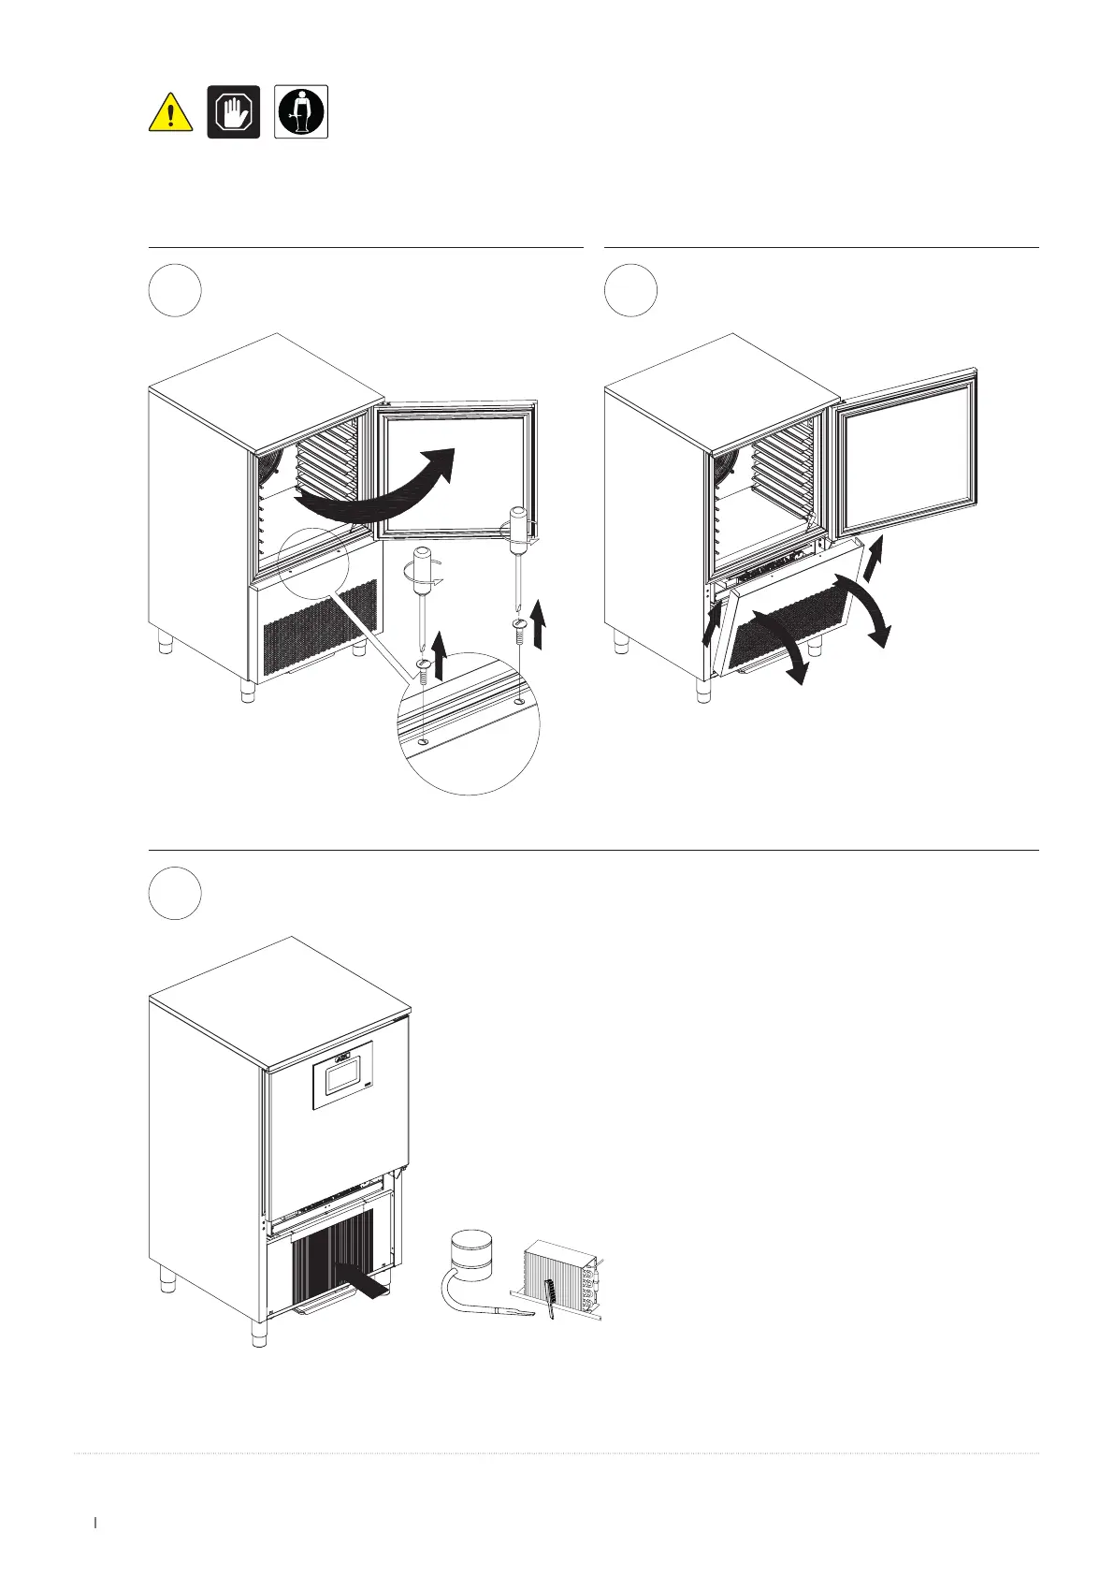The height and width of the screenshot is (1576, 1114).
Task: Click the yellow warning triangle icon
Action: (x=171, y=113)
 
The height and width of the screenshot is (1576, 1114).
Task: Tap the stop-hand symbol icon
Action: (x=233, y=112)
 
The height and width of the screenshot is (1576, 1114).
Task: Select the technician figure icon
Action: (x=300, y=112)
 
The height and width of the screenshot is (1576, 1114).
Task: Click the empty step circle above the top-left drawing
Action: (x=175, y=290)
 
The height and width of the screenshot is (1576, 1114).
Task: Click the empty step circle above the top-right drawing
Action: (x=630, y=290)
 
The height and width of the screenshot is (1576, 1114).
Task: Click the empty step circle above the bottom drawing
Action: (x=175, y=893)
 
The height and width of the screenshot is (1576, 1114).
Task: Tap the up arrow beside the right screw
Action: (x=539, y=624)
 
